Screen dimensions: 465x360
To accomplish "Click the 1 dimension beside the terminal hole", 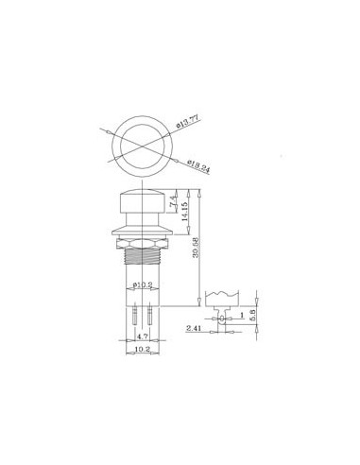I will (x=244, y=314).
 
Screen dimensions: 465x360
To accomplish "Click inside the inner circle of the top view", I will (x=141, y=147).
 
